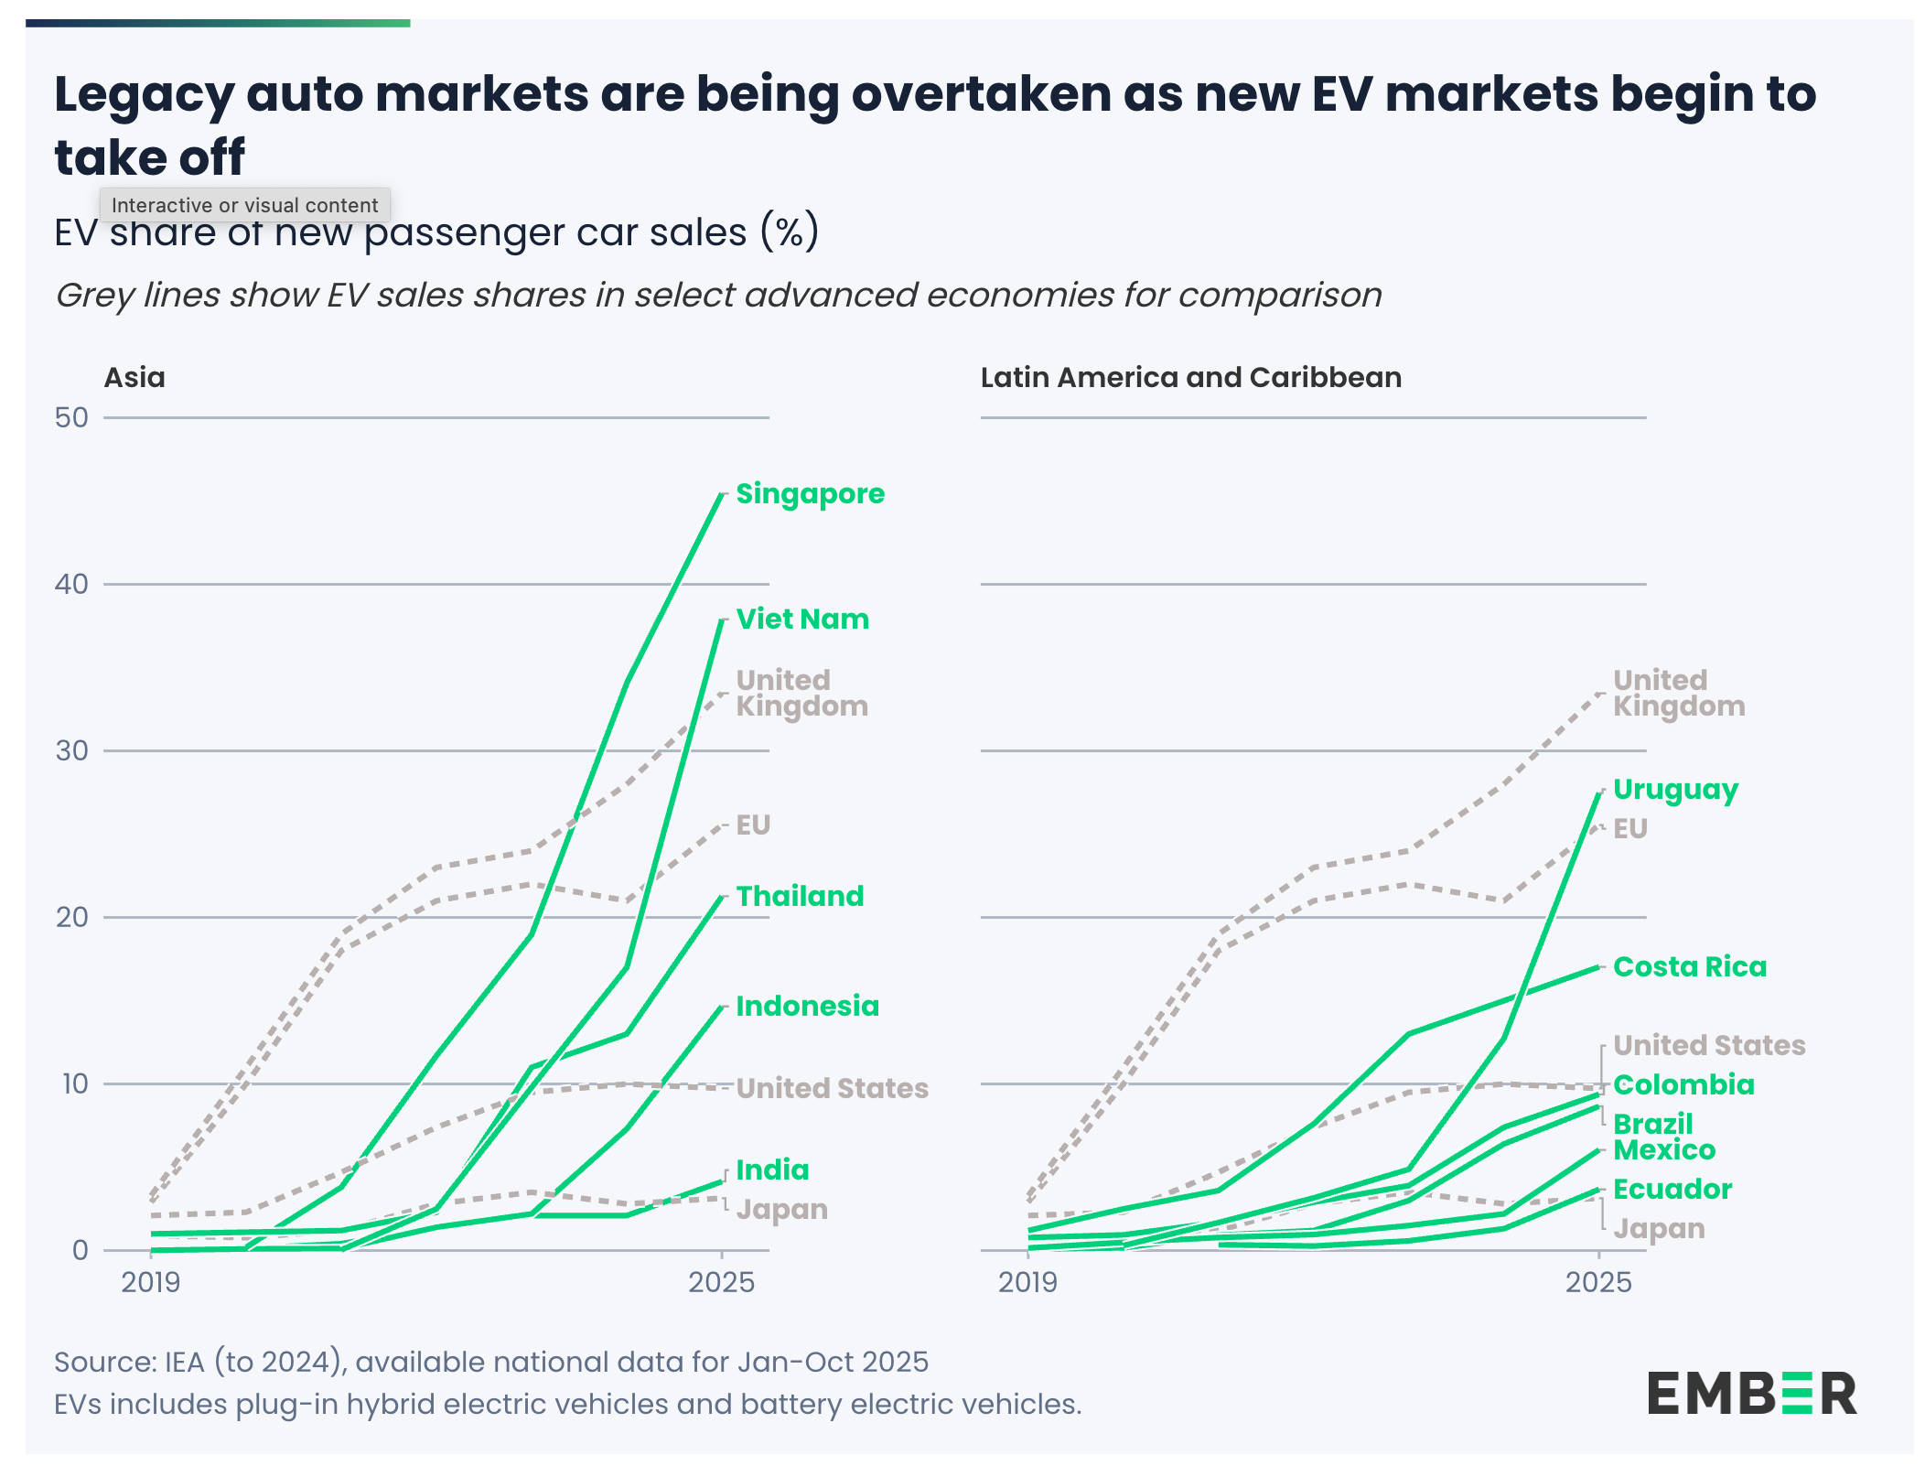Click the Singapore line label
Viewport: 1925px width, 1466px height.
(810, 494)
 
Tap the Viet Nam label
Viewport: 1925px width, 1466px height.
(802, 620)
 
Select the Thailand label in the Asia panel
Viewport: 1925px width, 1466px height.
(800, 897)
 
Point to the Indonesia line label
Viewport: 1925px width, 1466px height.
(807, 1007)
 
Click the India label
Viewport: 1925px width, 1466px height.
(772, 1170)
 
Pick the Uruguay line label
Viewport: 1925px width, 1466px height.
(1675, 790)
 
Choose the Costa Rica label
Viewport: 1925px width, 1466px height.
(1689, 967)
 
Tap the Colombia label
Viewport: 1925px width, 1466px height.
(1683, 1085)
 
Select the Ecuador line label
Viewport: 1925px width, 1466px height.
(1672, 1190)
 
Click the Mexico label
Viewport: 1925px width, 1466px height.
(1664, 1150)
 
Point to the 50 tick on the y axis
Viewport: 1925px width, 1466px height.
(71, 418)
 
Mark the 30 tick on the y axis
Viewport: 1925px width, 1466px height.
(71, 751)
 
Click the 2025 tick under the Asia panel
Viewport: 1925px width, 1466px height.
(721, 1282)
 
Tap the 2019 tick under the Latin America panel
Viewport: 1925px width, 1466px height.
(1027, 1282)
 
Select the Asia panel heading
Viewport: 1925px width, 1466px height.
(134, 378)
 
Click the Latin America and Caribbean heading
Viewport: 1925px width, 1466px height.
(1190, 378)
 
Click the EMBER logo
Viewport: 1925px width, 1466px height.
(1751, 1394)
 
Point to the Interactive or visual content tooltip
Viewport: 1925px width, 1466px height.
(244, 205)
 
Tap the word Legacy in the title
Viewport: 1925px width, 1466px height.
(142, 94)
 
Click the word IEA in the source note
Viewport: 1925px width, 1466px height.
(186, 1363)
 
